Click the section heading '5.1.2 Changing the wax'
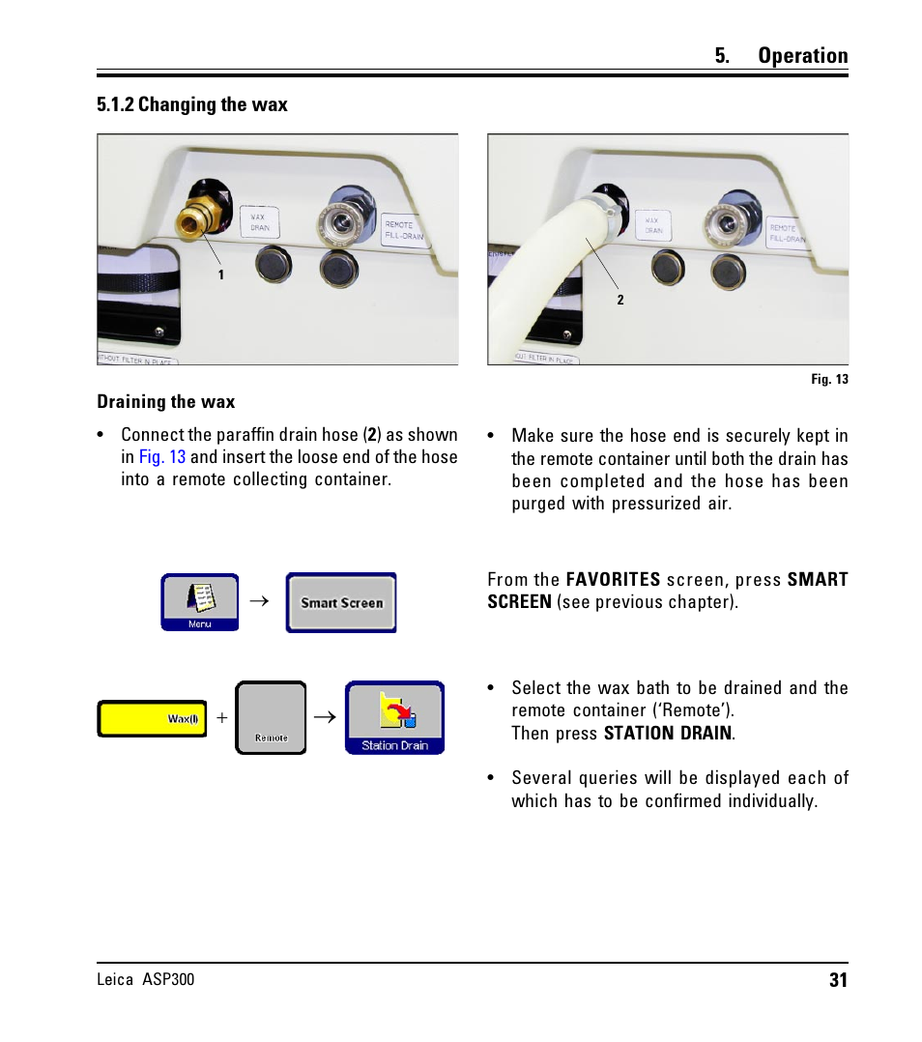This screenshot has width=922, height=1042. [x=191, y=104]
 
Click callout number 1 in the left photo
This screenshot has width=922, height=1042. [x=220, y=275]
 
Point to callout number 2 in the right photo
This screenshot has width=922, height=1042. [x=620, y=301]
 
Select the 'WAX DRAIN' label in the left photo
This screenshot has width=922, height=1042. [x=259, y=222]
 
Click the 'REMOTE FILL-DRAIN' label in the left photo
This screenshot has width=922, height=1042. [x=404, y=230]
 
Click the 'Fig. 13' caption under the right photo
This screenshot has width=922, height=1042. [x=829, y=380]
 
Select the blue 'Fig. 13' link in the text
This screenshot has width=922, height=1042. [x=161, y=457]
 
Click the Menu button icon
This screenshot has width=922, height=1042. [x=199, y=602]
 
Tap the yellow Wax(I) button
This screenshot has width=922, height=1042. [x=153, y=719]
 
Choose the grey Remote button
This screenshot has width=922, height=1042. [x=271, y=718]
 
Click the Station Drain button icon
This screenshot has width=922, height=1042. [x=394, y=718]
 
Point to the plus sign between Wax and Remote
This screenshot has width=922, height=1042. [x=221, y=719]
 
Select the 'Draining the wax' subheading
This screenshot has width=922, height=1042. [x=165, y=402]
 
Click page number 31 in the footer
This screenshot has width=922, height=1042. [x=837, y=980]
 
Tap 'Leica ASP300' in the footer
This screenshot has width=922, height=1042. [x=145, y=980]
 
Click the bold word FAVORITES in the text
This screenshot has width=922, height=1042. [x=613, y=580]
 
